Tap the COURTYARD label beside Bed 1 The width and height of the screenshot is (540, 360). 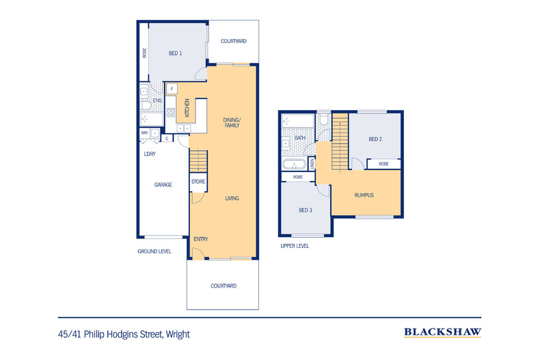point(233,42)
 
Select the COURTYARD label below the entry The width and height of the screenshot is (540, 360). point(224,286)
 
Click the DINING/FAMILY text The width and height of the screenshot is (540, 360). point(232,123)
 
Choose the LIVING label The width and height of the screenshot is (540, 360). point(232,198)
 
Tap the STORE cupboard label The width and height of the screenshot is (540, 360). point(198,182)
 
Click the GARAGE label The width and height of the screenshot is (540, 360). point(163,184)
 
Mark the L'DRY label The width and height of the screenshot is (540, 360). point(150,154)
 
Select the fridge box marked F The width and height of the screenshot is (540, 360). point(172,89)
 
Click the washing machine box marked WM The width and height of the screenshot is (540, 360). point(144,133)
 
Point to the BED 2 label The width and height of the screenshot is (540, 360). point(375,139)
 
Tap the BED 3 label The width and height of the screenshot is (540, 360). point(305,210)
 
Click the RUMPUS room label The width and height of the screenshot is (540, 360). point(364,195)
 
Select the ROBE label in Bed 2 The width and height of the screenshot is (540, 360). point(383,164)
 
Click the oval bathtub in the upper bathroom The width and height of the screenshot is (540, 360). point(295,165)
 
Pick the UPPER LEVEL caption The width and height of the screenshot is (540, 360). point(295,246)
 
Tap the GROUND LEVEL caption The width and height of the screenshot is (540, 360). point(154,251)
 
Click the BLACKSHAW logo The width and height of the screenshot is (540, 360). point(442,333)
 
